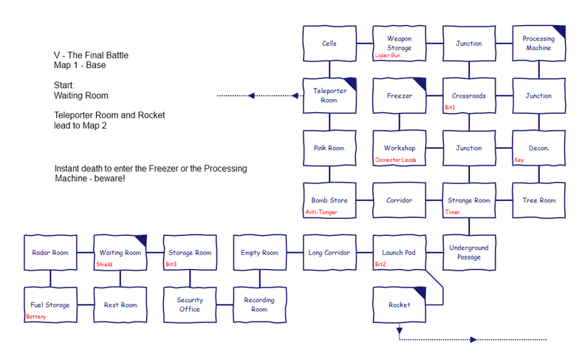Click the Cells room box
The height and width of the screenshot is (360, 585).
(329, 44)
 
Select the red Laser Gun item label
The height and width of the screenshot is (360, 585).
(388, 55)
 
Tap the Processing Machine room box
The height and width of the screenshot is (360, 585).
(538, 44)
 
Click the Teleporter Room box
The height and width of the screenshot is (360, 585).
(329, 95)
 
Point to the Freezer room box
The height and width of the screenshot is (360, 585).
(400, 95)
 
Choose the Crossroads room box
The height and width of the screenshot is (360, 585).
(468, 95)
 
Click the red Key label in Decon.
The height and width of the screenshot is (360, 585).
(519, 160)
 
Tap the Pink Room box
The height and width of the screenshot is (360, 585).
(329, 148)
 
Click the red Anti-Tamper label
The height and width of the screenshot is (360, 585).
(321, 212)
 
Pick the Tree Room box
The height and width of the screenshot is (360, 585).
(538, 200)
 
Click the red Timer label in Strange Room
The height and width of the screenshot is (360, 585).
(452, 212)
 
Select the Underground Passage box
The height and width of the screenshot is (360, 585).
(468, 253)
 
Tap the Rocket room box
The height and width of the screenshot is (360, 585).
(400, 305)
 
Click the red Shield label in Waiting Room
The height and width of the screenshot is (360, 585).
(104, 264)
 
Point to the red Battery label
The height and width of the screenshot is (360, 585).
(35, 316)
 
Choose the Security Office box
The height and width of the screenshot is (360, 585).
(189, 305)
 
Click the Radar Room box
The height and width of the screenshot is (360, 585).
(49, 253)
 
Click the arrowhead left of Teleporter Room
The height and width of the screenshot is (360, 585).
(252, 95)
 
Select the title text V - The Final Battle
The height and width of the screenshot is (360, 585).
(95, 55)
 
